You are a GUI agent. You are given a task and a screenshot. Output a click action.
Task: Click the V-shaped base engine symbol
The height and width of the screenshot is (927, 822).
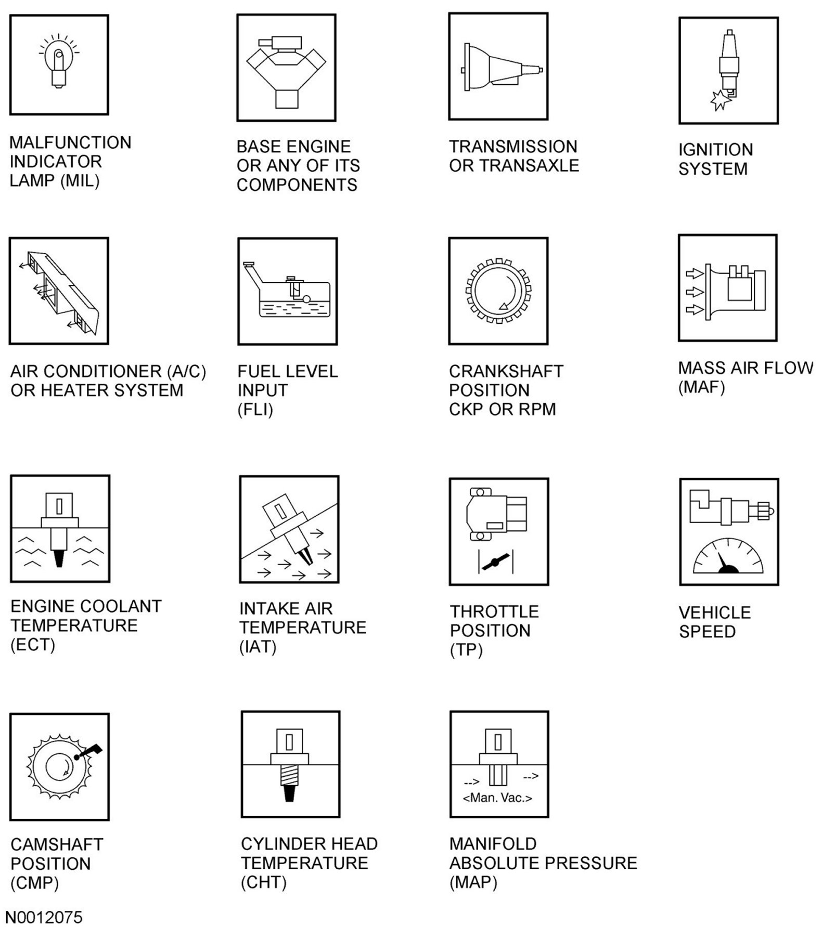click(286, 68)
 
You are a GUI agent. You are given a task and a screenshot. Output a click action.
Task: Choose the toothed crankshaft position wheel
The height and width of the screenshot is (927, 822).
click(498, 291)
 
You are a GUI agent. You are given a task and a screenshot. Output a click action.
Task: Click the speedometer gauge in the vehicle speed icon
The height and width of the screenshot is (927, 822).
click(728, 557)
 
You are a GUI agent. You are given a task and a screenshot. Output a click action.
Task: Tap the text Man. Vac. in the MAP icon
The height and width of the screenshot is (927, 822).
click(497, 798)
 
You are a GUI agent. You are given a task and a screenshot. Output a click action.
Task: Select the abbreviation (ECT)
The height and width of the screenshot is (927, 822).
click(32, 645)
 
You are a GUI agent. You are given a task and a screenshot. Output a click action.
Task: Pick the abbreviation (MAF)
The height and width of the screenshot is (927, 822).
click(701, 387)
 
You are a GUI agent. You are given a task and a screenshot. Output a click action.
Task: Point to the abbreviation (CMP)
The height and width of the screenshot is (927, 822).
click(34, 883)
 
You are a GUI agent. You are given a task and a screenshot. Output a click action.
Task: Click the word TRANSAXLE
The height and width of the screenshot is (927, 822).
click(529, 165)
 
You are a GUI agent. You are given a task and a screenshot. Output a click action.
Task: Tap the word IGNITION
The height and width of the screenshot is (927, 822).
click(715, 150)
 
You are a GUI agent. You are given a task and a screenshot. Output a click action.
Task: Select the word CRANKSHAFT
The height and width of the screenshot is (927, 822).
click(506, 371)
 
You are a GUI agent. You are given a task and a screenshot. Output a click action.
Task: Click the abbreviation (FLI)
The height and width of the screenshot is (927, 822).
click(255, 410)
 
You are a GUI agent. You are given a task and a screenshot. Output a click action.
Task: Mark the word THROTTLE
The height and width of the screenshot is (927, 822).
click(494, 611)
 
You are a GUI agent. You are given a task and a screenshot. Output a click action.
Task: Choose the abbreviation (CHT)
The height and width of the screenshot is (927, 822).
click(263, 882)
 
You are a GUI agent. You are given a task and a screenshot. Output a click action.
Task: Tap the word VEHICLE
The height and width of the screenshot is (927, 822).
click(714, 612)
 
